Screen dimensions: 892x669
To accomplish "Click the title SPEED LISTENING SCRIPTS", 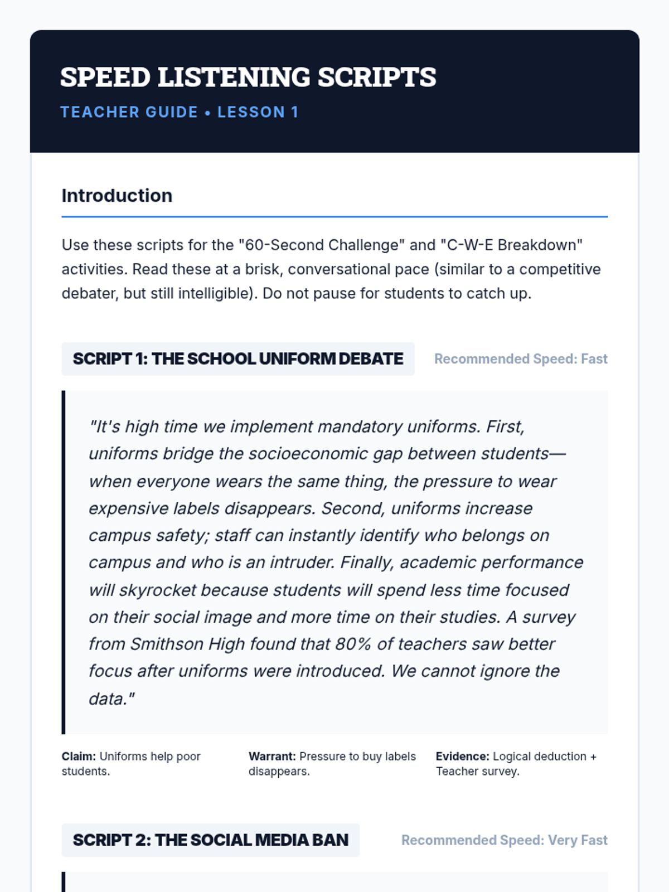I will pyautogui.click(x=248, y=77).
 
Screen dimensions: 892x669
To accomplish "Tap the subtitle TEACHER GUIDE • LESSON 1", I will pyautogui.click(x=180, y=112).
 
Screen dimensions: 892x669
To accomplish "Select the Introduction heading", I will pyautogui.click(x=117, y=196).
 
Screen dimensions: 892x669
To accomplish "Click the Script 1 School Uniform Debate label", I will pyautogui.click(x=238, y=358).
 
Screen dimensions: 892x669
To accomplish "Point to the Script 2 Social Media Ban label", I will pyautogui.click(x=211, y=840).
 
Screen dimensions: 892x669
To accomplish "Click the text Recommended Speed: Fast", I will pyautogui.click(x=521, y=359).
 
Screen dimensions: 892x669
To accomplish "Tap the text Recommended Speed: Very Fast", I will pyautogui.click(x=504, y=840).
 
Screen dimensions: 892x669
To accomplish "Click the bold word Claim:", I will pyautogui.click(x=79, y=757).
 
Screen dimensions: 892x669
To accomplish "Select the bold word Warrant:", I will pyautogui.click(x=272, y=757).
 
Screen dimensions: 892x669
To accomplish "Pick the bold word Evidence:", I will pyautogui.click(x=462, y=757).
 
